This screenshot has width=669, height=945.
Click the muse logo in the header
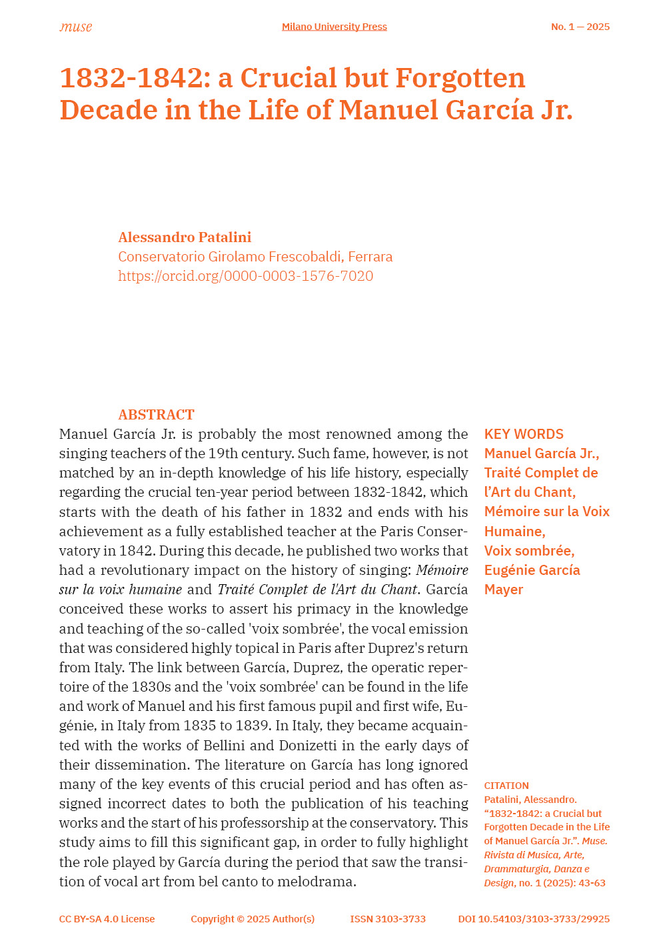(75, 27)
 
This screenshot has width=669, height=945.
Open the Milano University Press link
(334, 27)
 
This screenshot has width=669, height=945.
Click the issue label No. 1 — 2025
(580, 27)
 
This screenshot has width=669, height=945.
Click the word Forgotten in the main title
(460, 78)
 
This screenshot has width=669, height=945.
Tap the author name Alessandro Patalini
(185, 237)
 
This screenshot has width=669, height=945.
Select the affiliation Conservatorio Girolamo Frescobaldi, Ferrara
(255, 257)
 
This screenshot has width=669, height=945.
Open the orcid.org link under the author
(245, 276)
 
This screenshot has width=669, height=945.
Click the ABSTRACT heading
(156, 415)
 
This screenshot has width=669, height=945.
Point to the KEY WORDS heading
(524, 434)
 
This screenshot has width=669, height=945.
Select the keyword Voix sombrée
(529, 551)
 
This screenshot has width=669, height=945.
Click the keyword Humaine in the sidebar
(514, 532)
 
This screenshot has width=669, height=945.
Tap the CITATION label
(506, 786)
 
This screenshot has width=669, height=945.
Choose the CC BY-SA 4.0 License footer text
(107, 919)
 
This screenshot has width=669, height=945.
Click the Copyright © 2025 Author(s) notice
(253, 919)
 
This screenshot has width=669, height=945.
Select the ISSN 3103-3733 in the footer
(388, 919)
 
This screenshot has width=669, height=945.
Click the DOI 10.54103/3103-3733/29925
(534, 919)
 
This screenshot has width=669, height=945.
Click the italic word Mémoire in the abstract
(442, 570)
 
